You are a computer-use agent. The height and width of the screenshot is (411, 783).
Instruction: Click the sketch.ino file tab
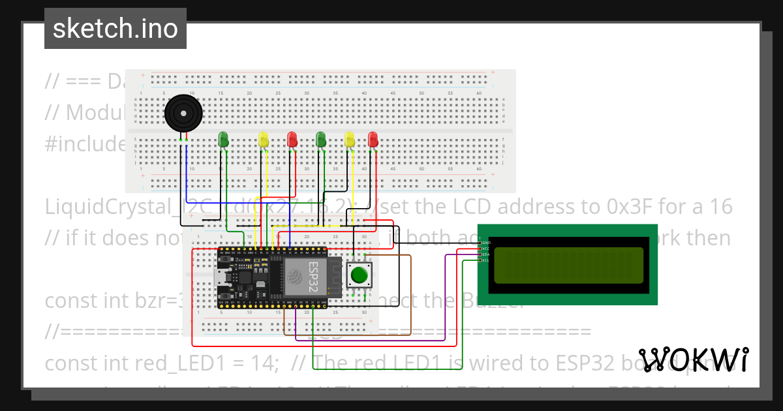115,29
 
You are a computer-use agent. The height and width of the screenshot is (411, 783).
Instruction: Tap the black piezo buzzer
183,114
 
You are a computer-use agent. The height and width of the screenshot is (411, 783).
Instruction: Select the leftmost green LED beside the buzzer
223,138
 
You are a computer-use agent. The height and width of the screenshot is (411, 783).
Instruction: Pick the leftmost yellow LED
263,139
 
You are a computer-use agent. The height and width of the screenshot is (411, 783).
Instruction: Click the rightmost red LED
373,139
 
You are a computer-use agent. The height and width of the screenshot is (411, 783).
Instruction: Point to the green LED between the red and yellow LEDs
320,139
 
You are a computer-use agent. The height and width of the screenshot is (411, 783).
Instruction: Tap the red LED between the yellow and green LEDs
292,139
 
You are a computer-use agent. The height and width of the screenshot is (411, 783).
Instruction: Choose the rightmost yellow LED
350,139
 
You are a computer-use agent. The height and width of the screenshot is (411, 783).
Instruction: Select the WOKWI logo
693,359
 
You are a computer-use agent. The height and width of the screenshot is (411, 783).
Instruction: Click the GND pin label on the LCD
485,242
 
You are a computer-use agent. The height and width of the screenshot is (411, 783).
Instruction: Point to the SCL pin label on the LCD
485,260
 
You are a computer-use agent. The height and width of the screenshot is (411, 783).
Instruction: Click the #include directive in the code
85,144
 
